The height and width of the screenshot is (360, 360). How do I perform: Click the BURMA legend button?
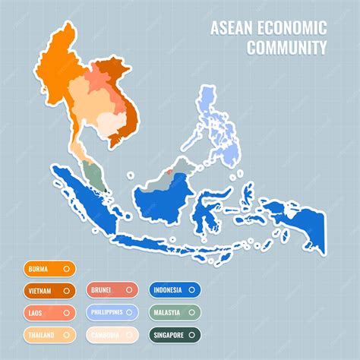click(x=49, y=267)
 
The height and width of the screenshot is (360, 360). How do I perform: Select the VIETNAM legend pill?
click(x=49, y=289)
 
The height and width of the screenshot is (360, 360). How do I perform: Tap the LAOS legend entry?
click(x=49, y=311)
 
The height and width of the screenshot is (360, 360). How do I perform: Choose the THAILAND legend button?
click(x=49, y=333)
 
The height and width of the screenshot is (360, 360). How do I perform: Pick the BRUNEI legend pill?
click(x=112, y=289)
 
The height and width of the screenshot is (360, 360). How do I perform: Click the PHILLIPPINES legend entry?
click(x=112, y=311)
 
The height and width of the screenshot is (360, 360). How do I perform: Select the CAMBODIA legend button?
click(x=112, y=333)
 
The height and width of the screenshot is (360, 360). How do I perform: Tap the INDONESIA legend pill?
click(x=175, y=289)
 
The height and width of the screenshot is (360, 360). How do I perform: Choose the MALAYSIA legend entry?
click(x=175, y=311)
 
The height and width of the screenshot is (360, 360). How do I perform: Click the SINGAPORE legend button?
click(x=175, y=333)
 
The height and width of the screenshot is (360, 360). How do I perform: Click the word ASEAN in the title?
click(x=227, y=29)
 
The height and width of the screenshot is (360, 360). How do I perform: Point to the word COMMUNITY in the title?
click(x=286, y=48)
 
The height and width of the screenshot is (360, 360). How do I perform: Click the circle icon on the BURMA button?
click(x=67, y=267)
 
